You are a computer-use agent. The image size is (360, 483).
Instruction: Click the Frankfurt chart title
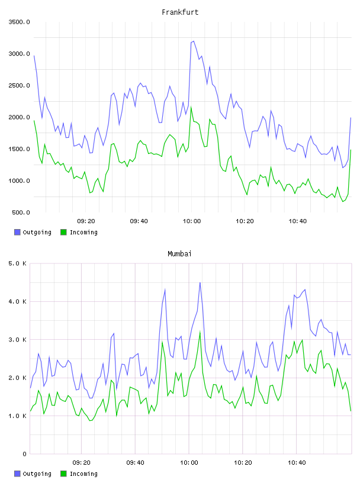(180, 12)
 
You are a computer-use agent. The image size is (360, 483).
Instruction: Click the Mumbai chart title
(179, 254)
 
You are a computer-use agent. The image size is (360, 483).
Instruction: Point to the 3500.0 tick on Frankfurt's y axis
(19, 22)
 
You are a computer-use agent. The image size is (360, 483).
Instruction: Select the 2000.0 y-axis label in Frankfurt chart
(19, 117)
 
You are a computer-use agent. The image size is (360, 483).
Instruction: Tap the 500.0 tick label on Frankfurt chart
(21, 212)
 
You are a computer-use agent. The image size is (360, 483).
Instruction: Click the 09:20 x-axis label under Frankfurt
(86, 221)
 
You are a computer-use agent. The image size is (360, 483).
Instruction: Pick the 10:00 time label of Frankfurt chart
(192, 221)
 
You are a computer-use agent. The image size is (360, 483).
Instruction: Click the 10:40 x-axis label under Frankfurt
(297, 221)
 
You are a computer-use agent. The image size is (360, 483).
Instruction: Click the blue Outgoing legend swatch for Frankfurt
(17, 232)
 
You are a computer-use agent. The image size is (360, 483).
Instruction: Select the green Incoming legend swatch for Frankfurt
(63, 232)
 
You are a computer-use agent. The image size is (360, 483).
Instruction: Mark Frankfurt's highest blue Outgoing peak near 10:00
(193, 41)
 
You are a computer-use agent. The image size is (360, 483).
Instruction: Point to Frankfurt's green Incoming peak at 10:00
(191, 107)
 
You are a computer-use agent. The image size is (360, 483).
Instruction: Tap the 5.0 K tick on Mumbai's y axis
(17, 263)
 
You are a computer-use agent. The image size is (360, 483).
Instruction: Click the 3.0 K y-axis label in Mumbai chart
(17, 339)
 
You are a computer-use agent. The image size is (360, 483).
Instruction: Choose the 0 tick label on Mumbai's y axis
(25, 454)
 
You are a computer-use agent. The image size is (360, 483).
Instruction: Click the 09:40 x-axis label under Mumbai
(135, 462)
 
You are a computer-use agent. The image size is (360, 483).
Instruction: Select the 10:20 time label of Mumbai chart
(243, 462)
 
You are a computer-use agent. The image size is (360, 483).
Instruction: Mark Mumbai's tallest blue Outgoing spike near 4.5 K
(200, 283)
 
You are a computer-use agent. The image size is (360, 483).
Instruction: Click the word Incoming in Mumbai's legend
(83, 474)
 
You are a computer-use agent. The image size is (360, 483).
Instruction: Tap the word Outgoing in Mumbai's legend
(37, 474)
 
